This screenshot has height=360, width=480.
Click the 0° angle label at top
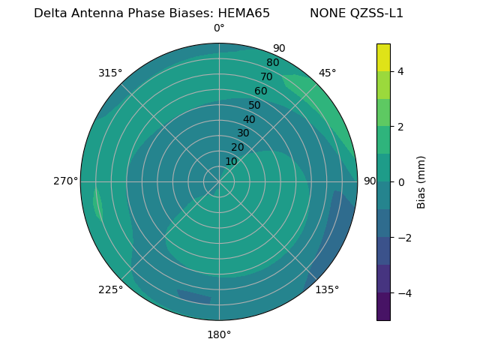219,28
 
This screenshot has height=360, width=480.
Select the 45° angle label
328,73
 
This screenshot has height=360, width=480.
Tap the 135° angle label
327,289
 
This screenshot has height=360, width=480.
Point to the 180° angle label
219,334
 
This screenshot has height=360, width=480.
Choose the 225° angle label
110,289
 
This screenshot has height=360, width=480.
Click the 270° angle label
66,181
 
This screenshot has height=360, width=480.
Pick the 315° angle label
110,73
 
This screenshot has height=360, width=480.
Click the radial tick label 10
231,161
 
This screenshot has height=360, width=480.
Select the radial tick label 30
243,133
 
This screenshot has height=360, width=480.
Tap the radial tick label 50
254,105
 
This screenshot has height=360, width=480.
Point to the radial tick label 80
272,63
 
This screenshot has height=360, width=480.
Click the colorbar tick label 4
400,71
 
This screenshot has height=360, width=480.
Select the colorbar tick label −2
403,238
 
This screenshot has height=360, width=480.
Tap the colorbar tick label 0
400,182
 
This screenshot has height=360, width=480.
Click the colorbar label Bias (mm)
421,182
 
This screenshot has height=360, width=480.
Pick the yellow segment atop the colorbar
383,57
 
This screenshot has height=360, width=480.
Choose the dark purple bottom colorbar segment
383,307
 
